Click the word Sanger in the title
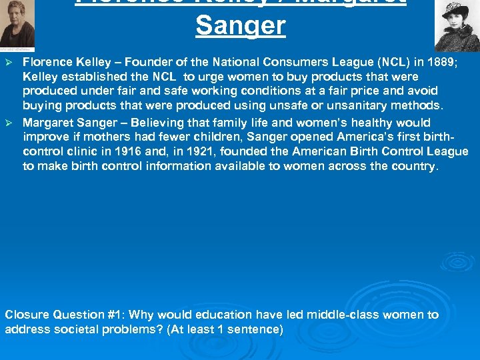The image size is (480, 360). point(241,26)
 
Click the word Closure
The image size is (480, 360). point(27,315)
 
